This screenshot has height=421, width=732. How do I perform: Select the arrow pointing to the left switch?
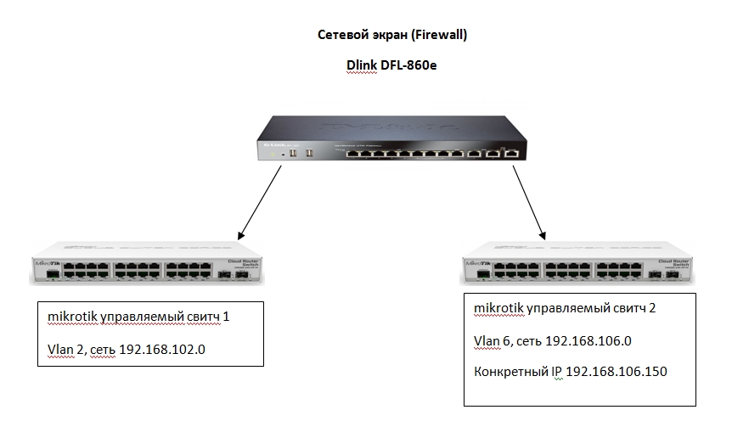259,199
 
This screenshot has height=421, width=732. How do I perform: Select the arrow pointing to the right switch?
527,199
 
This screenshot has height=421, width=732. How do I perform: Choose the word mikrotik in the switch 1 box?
72,317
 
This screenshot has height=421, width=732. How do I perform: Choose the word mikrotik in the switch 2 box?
499,308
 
